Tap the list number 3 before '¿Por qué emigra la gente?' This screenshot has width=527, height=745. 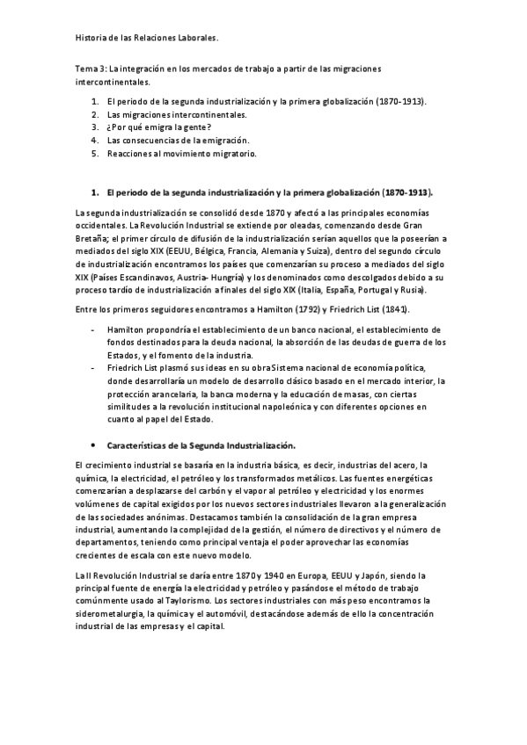[94, 127]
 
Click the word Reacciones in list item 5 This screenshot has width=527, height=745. [132, 153]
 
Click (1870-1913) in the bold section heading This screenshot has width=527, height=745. [408, 191]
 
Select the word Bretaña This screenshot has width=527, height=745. [93, 237]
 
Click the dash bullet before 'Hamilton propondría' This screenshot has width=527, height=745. [94, 328]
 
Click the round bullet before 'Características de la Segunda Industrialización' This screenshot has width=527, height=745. [94, 445]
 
